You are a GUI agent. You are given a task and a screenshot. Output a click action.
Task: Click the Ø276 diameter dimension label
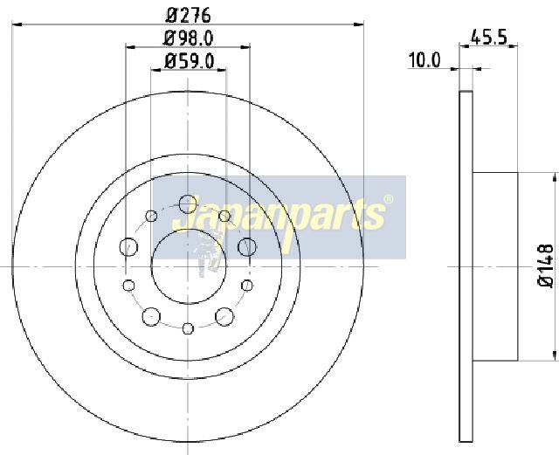pos(189,15)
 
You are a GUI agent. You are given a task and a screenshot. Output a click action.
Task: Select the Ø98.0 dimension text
pos(189,38)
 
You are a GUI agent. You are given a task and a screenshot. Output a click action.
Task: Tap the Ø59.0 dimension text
pos(189,61)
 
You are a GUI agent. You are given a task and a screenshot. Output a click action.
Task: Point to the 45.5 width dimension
pos(488,37)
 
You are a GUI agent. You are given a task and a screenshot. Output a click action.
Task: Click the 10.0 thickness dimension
pos(424,60)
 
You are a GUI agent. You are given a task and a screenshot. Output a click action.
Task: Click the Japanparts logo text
pos(279,215)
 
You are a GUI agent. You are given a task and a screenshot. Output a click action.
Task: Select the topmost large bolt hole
pos(188,204)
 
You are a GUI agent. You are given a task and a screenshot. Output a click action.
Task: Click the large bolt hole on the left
pos(128,247)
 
